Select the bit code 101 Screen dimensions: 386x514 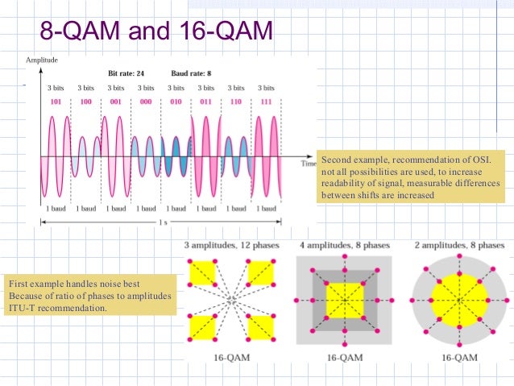[56, 102]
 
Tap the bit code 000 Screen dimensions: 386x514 [146, 102]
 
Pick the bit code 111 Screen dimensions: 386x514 [265, 102]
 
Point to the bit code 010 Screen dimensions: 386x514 [176, 102]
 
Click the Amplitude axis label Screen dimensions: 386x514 [41, 60]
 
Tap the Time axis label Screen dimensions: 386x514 [309, 164]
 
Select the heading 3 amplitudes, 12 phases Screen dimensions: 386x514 [231, 244]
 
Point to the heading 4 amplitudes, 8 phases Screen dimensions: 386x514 [345, 244]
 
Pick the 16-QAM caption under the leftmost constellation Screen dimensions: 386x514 [232, 355]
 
